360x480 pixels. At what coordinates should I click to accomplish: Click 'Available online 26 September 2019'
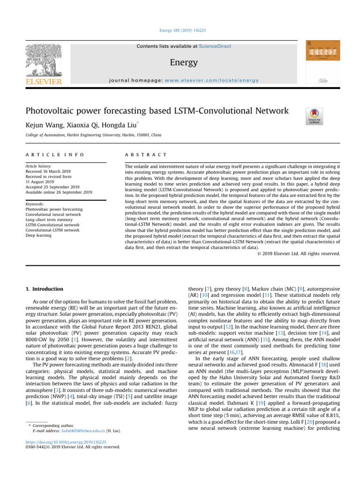59,192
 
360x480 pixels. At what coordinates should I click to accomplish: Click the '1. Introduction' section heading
43,289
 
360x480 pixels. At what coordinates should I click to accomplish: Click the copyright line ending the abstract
299,254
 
